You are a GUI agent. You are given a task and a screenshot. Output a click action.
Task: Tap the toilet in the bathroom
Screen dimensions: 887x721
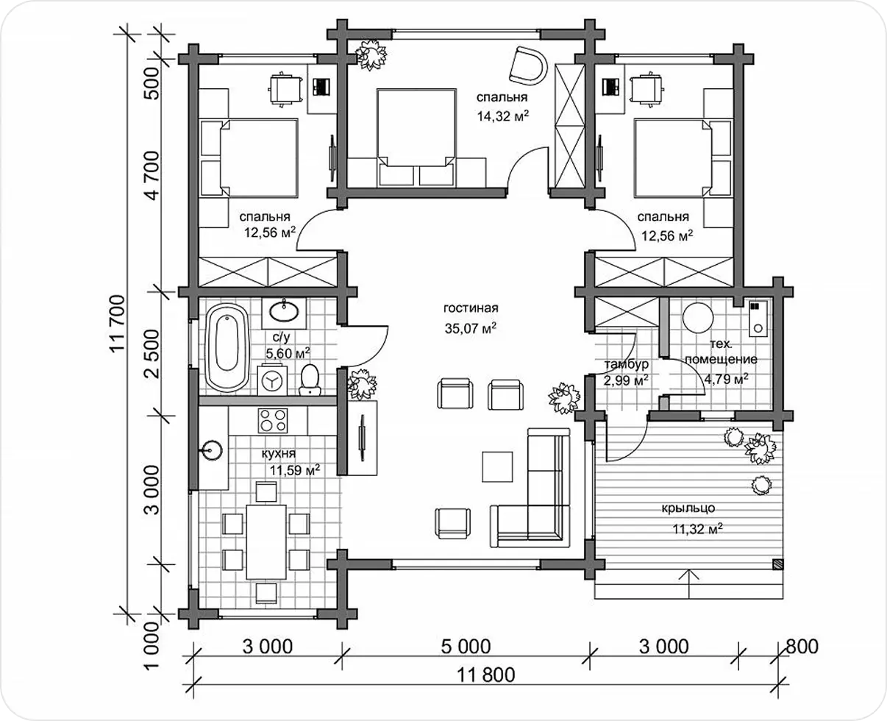(310, 380)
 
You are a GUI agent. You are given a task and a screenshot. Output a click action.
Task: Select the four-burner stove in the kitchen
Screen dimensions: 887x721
(273, 420)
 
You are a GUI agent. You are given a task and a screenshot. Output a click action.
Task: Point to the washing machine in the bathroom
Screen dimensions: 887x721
(272, 380)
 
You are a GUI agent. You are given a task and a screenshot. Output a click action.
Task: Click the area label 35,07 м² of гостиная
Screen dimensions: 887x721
(471, 328)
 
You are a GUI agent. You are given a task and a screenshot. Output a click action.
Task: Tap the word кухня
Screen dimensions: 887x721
(279, 453)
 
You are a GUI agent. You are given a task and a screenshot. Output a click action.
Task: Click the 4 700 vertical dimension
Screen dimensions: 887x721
(153, 175)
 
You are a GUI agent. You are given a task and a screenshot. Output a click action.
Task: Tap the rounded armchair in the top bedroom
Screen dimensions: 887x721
(529, 65)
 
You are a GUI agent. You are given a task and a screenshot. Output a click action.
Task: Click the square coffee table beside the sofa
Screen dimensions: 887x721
(497, 466)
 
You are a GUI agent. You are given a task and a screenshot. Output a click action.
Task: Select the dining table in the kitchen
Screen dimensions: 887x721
(266, 542)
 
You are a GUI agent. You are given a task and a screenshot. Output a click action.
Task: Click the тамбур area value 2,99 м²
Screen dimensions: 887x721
(626, 380)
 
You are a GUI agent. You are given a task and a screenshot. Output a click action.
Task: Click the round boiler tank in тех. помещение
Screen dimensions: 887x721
(699, 317)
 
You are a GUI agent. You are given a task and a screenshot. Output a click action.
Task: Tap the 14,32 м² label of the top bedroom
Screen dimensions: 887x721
(502, 116)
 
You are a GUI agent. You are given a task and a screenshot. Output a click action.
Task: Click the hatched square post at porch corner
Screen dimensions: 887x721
(778, 564)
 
